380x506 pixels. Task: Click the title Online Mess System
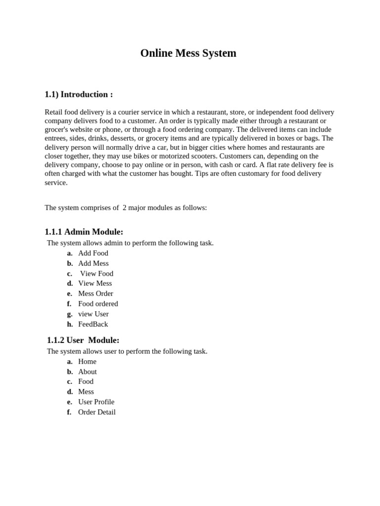point(188,53)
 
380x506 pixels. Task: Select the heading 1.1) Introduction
point(79,94)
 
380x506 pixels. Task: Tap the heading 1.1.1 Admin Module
point(84,232)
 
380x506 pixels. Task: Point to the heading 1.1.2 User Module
point(83,340)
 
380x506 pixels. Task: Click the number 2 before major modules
point(125,208)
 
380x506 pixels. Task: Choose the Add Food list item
point(93,253)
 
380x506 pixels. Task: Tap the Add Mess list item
point(93,263)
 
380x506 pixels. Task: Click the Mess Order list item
point(95,294)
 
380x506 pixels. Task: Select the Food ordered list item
point(98,303)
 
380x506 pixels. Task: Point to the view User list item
point(93,314)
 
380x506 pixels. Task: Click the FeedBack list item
point(93,324)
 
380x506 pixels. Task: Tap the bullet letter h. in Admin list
point(70,324)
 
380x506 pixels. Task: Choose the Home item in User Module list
point(87,361)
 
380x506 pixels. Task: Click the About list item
point(88,372)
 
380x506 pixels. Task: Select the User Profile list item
point(96,402)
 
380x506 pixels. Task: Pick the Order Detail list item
point(96,412)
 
